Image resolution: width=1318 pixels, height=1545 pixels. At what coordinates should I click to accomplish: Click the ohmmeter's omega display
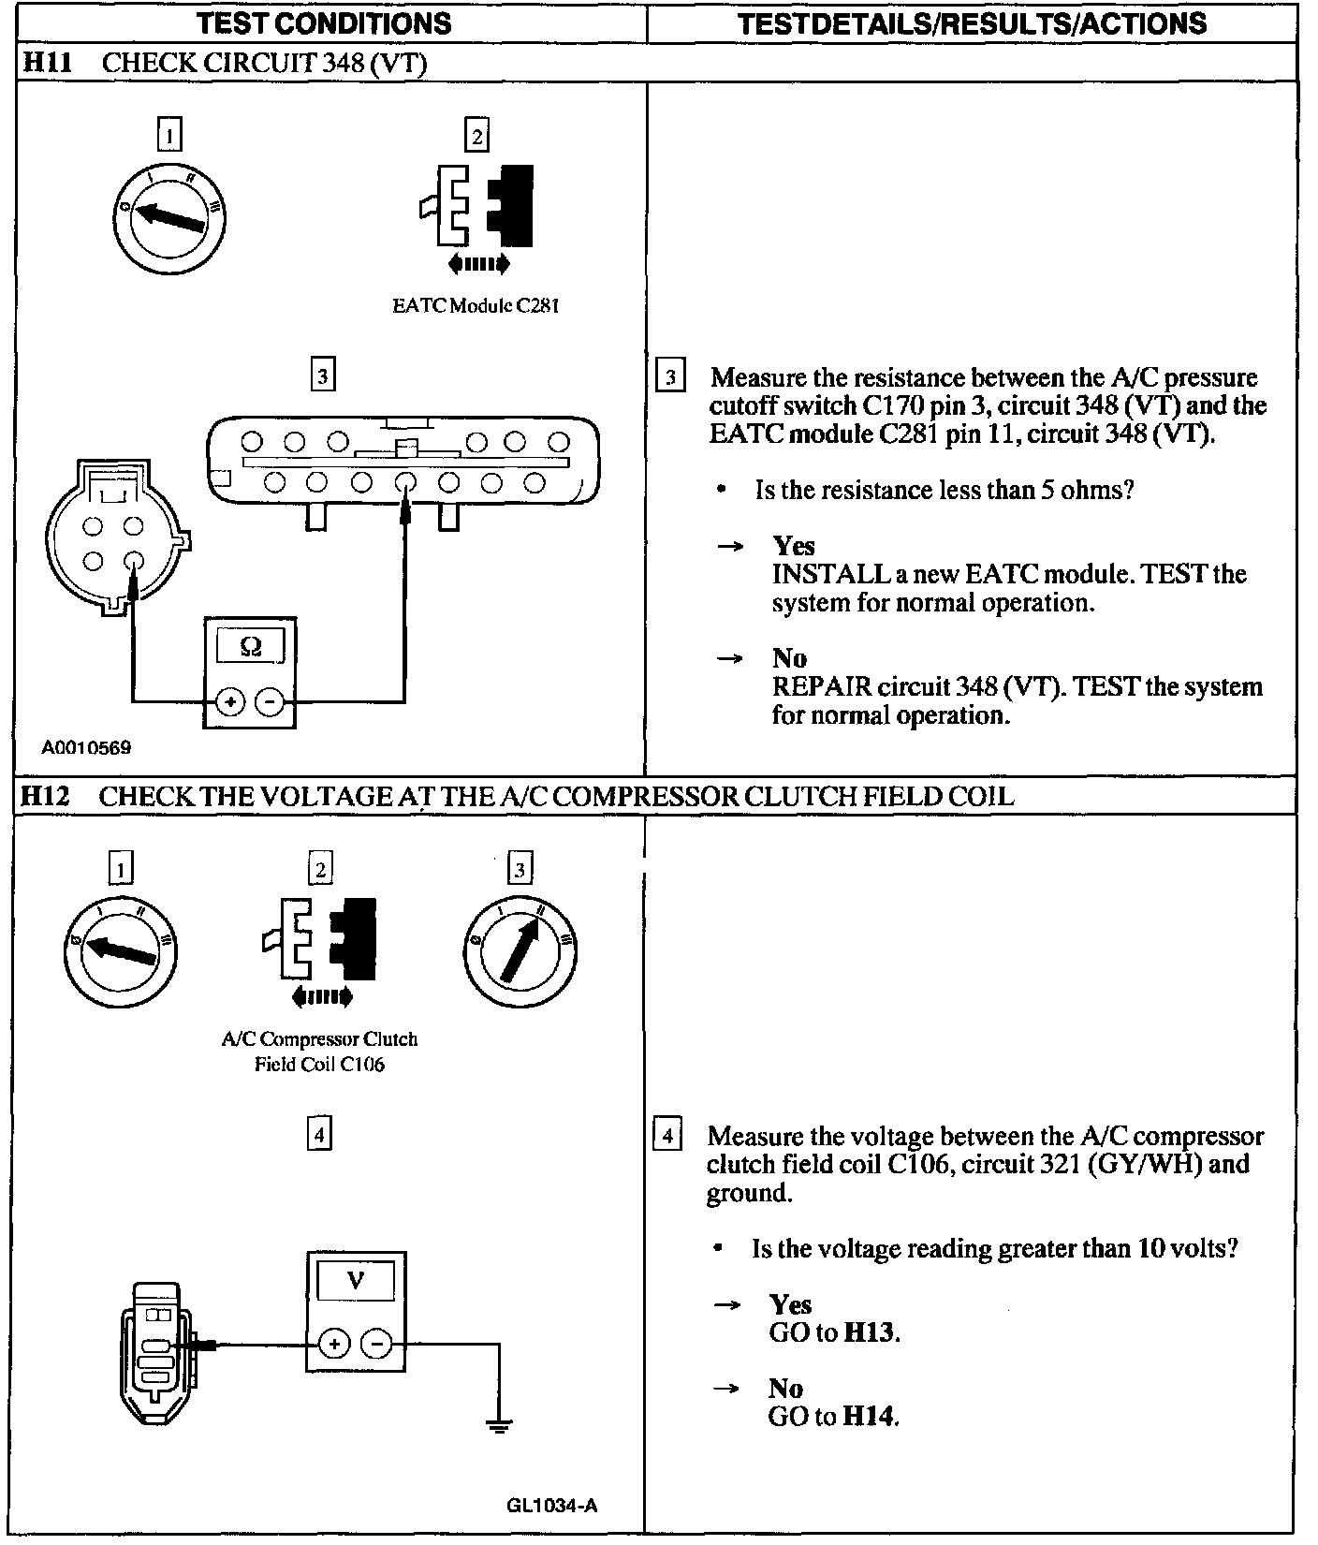(250, 646)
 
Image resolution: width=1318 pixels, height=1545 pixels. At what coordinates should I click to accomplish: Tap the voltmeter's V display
(355, 1280)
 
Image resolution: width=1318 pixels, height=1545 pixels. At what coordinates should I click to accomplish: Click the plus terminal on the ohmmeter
(230, 701)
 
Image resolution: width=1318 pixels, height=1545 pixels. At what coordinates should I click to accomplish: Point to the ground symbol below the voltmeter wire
(499, 1426)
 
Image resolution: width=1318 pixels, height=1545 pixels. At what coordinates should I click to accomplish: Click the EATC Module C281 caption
(476, 305)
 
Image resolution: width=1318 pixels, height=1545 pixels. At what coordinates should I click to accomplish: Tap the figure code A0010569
(86, 747)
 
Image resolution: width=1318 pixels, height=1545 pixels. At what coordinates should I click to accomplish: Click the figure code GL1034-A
(551, 1506)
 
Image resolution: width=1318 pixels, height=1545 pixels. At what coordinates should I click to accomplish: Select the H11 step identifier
(45, 63)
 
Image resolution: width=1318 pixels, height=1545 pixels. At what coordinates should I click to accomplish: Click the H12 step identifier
(45, 796)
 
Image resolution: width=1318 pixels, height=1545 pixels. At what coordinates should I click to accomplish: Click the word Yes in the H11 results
(794, 546)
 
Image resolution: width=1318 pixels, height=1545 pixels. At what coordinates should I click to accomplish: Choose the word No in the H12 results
(786, 1388)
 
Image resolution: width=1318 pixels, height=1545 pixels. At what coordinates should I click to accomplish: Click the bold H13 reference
(870, 1332)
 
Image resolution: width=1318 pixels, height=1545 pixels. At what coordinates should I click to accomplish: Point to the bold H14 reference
(870, 1416)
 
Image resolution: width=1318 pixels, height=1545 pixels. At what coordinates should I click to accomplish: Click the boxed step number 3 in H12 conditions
(520, 869)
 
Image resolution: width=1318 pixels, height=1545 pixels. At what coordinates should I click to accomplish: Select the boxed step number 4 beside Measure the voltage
(666, 1136)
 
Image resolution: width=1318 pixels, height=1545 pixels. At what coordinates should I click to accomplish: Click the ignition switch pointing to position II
(520, 946)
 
